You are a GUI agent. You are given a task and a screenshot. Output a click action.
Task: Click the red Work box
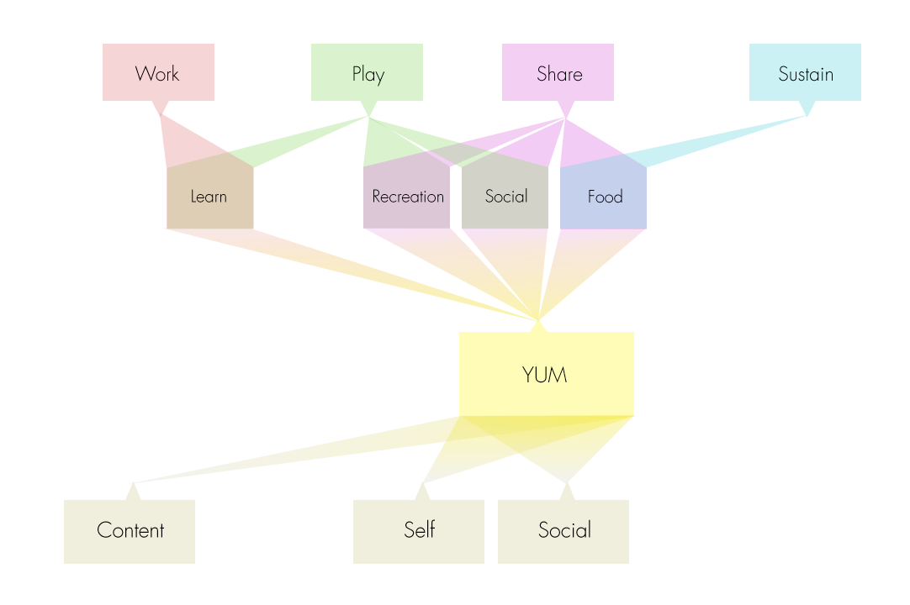click(x=158, y=72)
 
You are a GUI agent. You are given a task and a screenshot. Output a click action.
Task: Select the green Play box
click(x=367, y=72)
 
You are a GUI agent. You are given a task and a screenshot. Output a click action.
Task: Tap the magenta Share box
click(x=558, y=72)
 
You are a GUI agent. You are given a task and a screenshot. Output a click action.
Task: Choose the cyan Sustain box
click(x=805, y=72)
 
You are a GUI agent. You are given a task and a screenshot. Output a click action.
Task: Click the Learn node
click(x=209, y=197)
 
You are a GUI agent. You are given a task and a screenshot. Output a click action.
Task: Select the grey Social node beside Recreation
click(x=505, y=197)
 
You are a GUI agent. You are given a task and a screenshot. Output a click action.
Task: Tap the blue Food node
click(x=603, y=197)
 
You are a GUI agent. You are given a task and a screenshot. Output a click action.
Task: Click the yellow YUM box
click(x=546, y=374)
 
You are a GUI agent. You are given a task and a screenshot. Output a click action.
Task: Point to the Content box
click(x=130, y=531)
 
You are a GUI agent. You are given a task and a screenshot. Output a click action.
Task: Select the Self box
click(x=418, y=531)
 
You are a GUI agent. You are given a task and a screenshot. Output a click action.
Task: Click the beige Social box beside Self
click(x=563, y=531)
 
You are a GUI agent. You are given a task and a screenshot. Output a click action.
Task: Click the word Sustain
click(x=805, y=74)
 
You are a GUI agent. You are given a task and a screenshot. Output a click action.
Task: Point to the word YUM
click(x=545, y=375)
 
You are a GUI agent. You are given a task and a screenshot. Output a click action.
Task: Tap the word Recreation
click(x=408, y=197)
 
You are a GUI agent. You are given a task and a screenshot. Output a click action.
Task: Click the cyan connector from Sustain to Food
click(x=723, y=137)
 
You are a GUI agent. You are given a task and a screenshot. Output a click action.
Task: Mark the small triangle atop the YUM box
click(x=538, y=326)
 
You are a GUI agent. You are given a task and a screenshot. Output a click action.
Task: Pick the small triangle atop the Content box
click(x=133, y=492)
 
